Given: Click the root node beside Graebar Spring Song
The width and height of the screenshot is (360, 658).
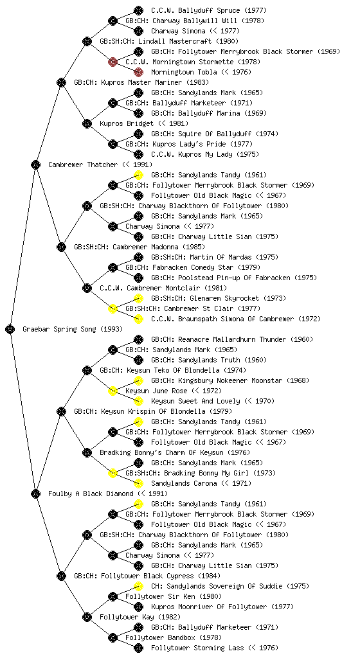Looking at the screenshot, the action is click(x=10, y=329).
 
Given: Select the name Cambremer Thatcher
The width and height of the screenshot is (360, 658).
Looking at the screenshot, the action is click(x=83, y=164).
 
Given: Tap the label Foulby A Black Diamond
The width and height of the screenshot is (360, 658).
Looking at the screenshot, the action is click(x=91, y=493).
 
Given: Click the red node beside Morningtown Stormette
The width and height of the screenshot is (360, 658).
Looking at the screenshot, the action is click(x=113, y=62).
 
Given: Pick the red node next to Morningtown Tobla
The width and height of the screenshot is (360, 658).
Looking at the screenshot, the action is click(x=138, y=72).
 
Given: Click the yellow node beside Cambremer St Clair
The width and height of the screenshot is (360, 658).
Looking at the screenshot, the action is click(x=113, y=308).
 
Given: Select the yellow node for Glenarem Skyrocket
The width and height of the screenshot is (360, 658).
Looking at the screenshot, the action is click(x=138, y=298).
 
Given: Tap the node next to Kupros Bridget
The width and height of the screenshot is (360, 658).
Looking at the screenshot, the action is click(x=87, y=123).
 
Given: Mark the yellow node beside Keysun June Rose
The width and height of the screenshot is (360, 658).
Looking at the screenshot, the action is click(x=113, y=391).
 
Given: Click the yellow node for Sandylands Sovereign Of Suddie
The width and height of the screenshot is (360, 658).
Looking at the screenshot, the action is click(x=138, y=586).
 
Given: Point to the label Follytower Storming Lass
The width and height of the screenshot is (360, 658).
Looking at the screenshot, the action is click(x=197, y=648).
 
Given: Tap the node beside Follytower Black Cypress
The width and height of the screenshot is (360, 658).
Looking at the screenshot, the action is click(x=61, y=576).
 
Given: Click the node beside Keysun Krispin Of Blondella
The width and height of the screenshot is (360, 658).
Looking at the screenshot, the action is click(x=61, y=411).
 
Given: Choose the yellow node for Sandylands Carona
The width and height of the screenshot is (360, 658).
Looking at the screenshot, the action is click(x=138, y=483).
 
